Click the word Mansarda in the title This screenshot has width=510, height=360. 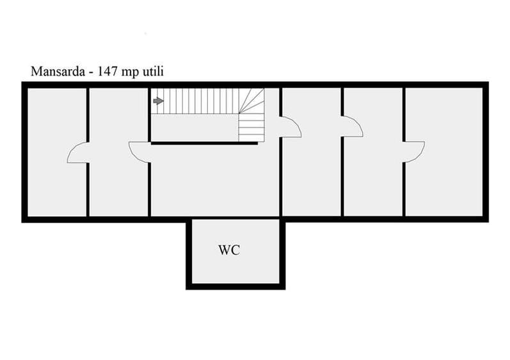click(58, 71)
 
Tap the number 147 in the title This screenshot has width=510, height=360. click(107, 71)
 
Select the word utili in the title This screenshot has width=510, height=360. click(153, 71)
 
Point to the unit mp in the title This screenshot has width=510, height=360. click(130, 72)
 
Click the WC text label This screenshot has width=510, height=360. click(229, 250)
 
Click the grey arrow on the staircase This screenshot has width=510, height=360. click(159, 101)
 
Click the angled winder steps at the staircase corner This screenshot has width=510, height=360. click(251, 101)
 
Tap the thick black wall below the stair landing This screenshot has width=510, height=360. click(205, 143)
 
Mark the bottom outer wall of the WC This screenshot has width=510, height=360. click(235, 286)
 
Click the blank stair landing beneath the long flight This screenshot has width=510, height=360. click(195, 127)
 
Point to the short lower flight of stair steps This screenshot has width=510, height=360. click(251, 127)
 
